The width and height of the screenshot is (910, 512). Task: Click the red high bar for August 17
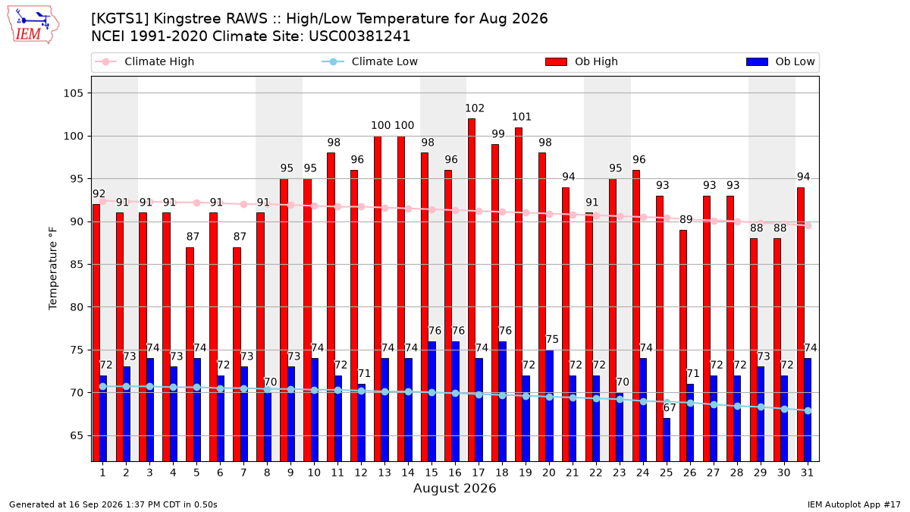coord(472,290)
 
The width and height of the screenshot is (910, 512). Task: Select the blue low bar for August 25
coord(667,440)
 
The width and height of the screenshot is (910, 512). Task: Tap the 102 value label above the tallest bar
coord(475,108)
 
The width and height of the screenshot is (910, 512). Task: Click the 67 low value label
coord(670,407)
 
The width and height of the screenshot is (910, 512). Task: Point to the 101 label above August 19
coord(522,117)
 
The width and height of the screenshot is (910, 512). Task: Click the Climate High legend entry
coord(145,61)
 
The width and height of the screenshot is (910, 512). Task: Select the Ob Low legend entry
coord(780,61)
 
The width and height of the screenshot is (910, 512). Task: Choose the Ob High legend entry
coord(582,61)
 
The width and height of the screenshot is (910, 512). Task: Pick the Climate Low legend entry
coord(370,61)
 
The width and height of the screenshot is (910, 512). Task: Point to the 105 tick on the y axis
coord(73,93)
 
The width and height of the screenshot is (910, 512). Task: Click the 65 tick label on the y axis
coord(77,435)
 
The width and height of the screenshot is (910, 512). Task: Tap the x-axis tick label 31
coord(807,473)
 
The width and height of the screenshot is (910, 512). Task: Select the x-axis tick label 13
coord(384,473)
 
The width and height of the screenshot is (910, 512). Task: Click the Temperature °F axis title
coord(53,269)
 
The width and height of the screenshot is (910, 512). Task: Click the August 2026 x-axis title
coord(454,488)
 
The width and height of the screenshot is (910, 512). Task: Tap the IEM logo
coord(33,25)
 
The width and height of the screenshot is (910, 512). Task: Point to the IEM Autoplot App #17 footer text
coord(854,504)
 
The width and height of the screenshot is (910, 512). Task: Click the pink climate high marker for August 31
coord(808,226)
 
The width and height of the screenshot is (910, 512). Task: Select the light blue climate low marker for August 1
coord(103,386)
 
